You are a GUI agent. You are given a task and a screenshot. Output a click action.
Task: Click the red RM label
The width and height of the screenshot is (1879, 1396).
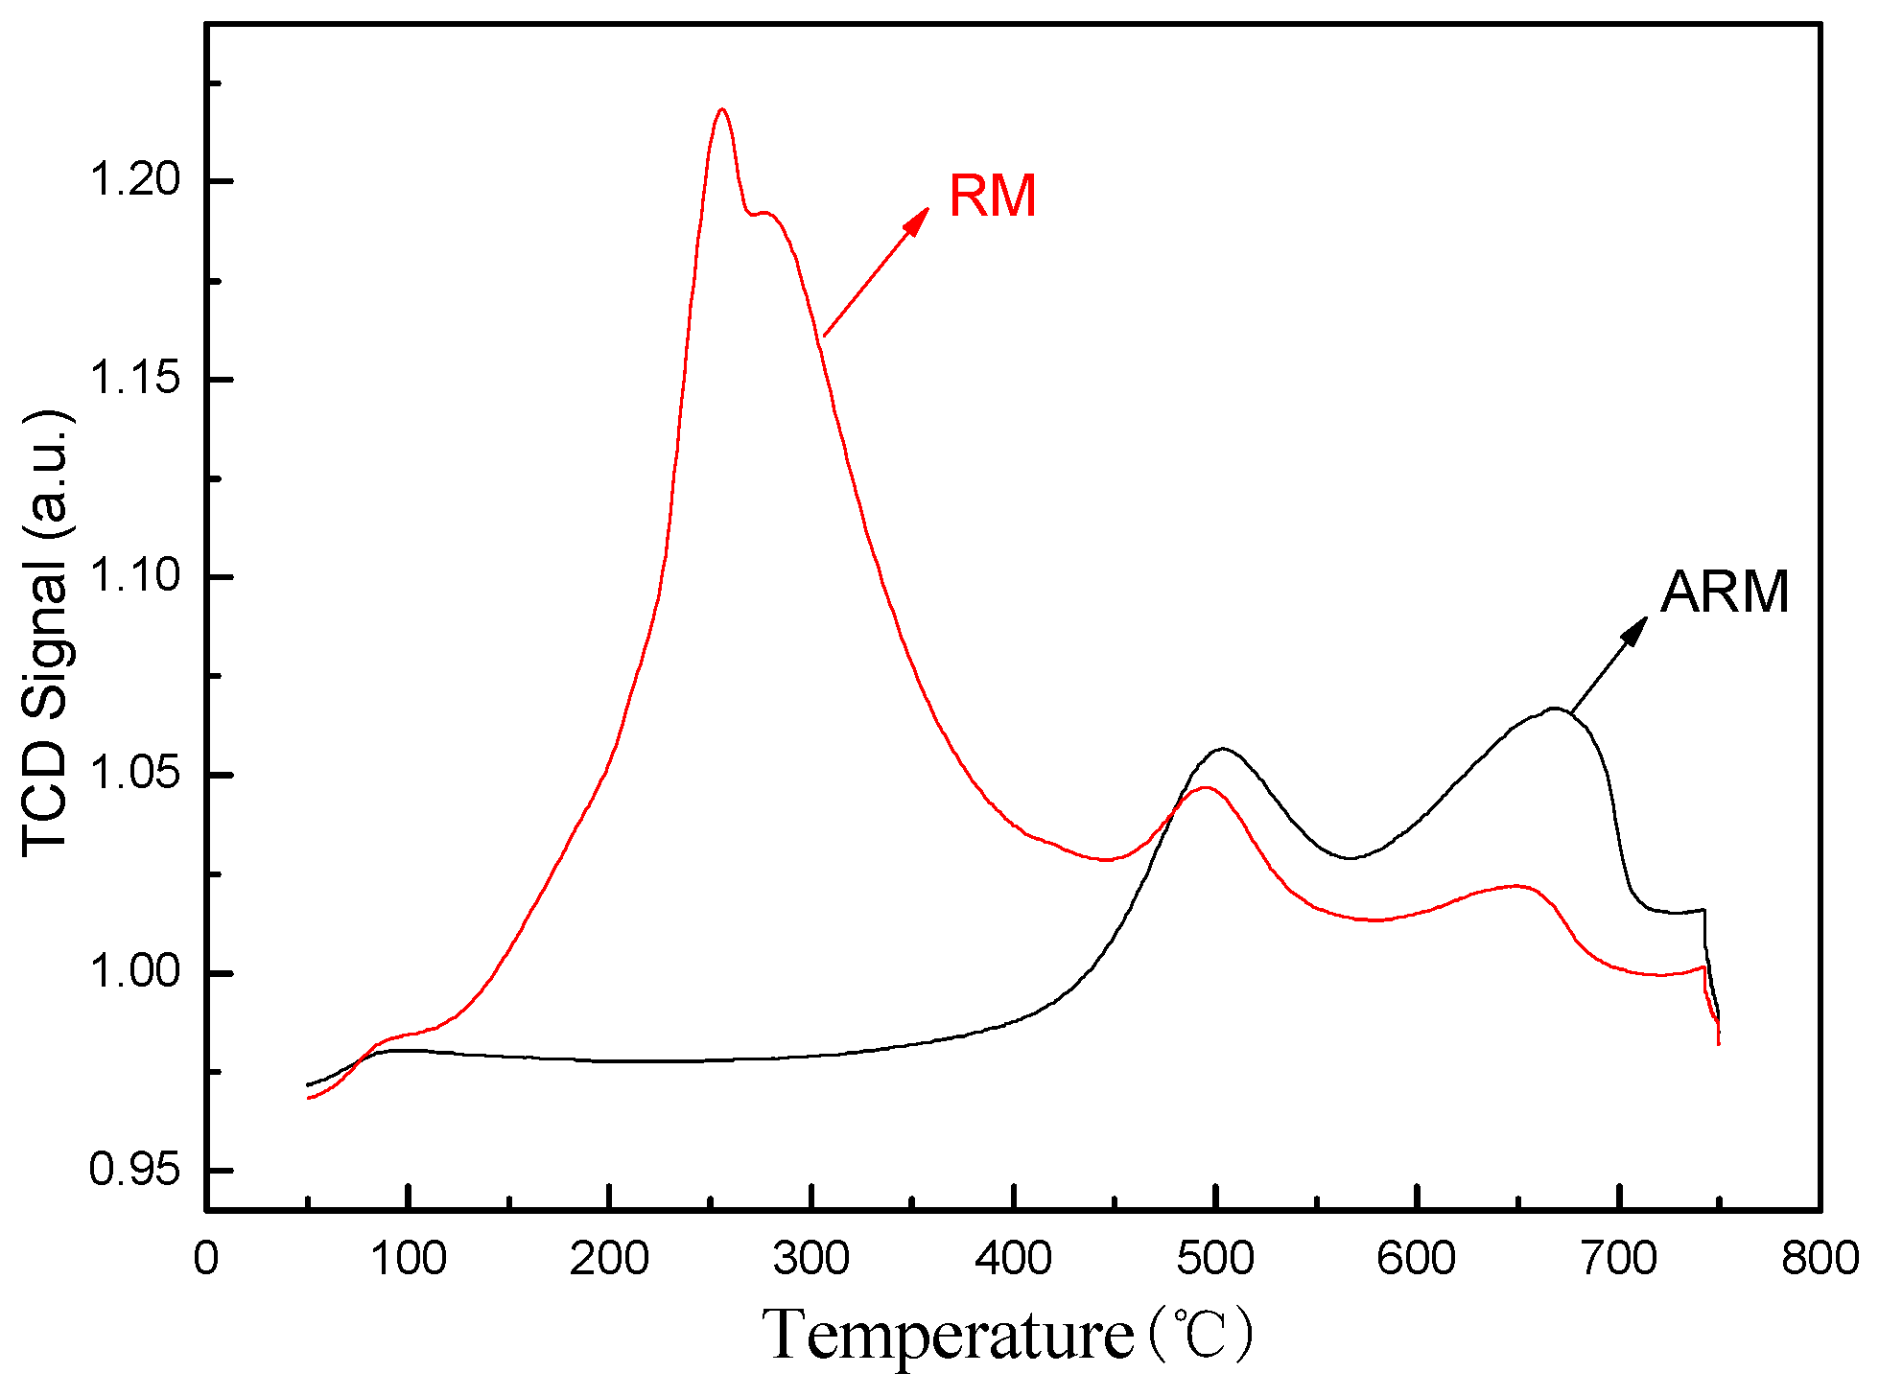click(x=992, y=197)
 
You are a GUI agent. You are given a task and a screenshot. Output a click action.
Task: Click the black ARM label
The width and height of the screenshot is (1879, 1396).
click(x=1725, y=592)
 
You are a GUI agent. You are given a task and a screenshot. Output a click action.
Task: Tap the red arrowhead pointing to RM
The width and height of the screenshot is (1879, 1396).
click(x=918, y=220)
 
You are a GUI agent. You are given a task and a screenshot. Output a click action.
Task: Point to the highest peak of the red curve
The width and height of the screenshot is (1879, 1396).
click(x=722, y=109)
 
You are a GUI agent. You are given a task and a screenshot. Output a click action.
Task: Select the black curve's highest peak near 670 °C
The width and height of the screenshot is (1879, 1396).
click(x=1554, y=709)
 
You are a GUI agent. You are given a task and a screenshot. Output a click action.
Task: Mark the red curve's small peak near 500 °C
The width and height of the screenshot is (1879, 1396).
click(x=1206, y=787)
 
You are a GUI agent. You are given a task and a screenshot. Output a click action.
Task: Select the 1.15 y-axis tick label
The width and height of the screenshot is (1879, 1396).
click(x=134, y=378)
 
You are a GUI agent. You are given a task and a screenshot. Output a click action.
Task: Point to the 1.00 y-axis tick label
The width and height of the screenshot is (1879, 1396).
click(x=134, y=971)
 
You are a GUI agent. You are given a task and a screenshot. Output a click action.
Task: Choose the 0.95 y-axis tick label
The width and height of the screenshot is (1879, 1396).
click(x=134, y=1170)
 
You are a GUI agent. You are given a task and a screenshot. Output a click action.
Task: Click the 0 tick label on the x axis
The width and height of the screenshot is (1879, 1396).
click(x=206, y=1258)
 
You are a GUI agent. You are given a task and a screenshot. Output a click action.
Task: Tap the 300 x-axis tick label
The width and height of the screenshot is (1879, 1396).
click(x=811, y=1258)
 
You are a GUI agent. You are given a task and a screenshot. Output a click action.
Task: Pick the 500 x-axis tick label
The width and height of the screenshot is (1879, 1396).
click(x=1215, y=1258)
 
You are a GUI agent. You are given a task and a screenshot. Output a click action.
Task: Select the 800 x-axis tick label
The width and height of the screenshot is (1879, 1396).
click(x=1820, y=1258)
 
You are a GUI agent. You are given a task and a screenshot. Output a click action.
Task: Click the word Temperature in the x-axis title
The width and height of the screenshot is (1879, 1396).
click(x=948, y=1335)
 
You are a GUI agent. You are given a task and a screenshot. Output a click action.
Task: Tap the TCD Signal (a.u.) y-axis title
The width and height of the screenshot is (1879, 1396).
click(x=46, y=633)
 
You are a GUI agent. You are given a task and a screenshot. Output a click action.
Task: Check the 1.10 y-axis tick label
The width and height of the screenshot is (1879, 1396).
click(x=134, y=575)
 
